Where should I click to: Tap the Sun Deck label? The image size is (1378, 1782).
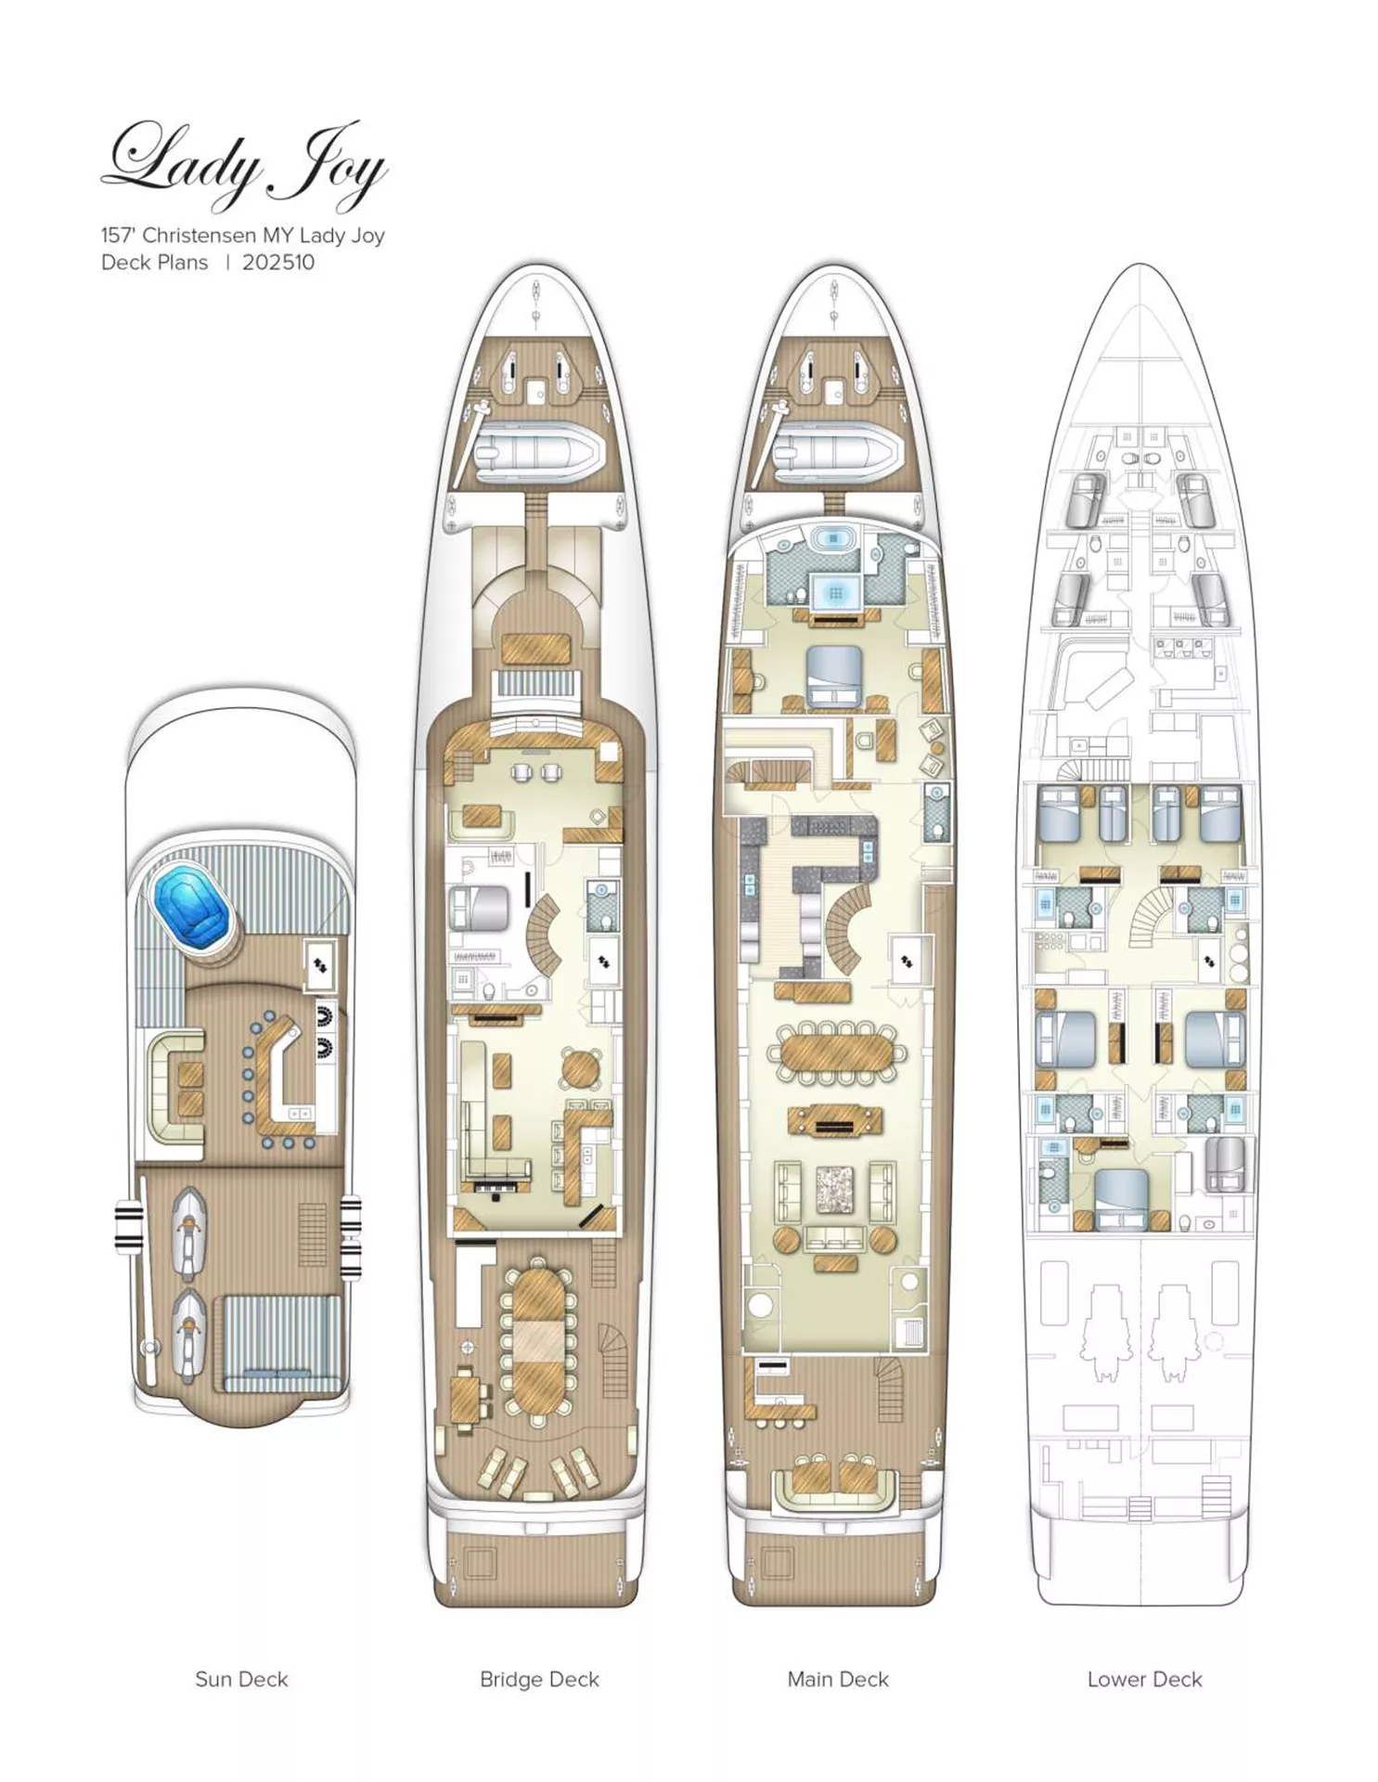pyautogui.click(x=241, y=1679)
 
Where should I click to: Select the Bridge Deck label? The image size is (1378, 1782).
pyautogui.click(x=539, y=1679)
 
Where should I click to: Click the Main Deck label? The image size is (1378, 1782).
pyautogui.click(x=838, y=1679)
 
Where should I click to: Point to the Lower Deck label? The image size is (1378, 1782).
pyautogui.click(x=1144, y=1679)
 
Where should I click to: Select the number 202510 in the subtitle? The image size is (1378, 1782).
pyautogui.click(x=278, y=263)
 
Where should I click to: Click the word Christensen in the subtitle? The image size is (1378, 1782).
pyautogui.click(x=200, y=236)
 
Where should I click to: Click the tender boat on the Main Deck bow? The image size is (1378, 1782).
pyautogui.click(x=838, y=455)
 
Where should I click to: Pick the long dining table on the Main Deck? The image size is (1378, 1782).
pyautogui.click(x=837, y=1052)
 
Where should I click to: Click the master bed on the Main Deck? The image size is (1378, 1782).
pyautogui.click(x=835, y=677)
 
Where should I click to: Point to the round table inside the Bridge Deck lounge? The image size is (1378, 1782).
pyautogui.click(x=581, y=1067)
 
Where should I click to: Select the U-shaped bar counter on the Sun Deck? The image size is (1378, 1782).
pyautogui.click(x=283, y=1081)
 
